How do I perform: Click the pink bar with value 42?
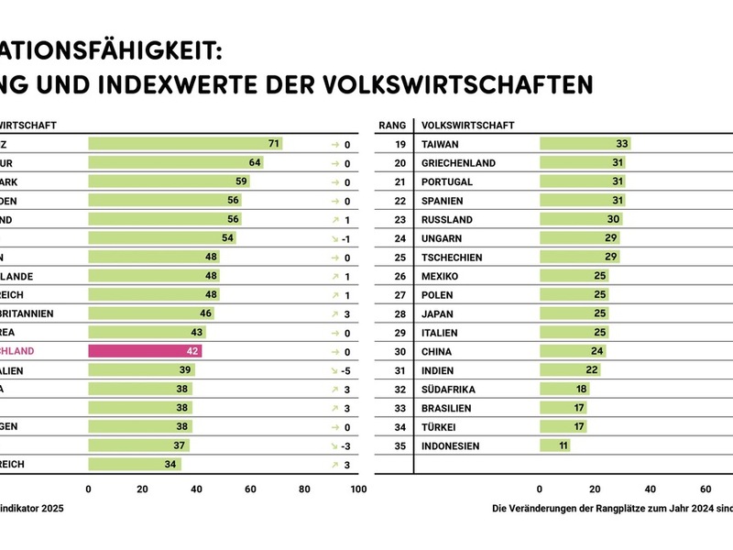(x=145, y=351)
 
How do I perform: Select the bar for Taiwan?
(x=585, y=144)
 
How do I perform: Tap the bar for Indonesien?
(x=554, y=445)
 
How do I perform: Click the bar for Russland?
(x=581, y=219)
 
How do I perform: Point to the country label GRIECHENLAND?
(x=458, y=163)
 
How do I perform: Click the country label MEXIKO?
(x=440, y=276)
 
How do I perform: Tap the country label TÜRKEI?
(x=439, y=427)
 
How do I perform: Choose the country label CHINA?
(x=436, y=351)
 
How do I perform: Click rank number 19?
(x=400, y=144)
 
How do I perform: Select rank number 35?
(x=400, y=445)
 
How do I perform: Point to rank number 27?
(x=400, y=295)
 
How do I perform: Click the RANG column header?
(x=392, y=125)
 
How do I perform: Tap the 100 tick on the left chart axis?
(x=358, y=489)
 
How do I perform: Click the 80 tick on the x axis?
(x=304, y=489)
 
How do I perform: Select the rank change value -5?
(x=347, y=370)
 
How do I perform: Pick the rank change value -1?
(x=347, y=238)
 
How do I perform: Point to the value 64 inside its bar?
(x=256, y=163)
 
